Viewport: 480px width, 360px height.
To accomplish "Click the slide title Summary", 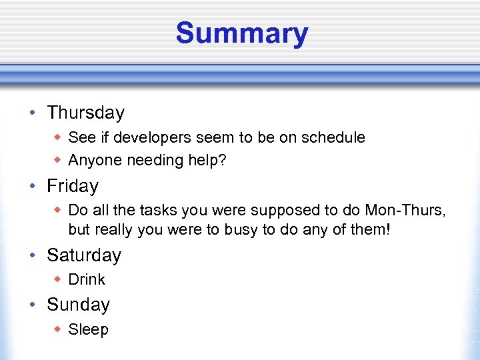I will pos(242,33).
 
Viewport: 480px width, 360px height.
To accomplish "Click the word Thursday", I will pos(85,113).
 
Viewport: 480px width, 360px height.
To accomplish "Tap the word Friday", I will pos(72,186).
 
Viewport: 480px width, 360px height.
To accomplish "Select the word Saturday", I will pos(83,255).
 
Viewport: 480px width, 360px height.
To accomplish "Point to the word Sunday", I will pos(78,305).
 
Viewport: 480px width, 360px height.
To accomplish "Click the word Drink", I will pos(87,280).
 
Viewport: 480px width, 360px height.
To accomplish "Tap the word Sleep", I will pos(88,329).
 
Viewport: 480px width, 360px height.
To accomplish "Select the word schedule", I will pos(333,137).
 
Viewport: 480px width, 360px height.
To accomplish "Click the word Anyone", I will pos(93,161).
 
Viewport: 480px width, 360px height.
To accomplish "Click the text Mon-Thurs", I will pos(405,211).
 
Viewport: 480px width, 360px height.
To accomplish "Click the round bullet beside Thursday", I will pos(33,113).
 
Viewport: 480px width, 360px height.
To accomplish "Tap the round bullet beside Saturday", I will pos(33,256).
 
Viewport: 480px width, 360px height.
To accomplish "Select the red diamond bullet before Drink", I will pos(58,279).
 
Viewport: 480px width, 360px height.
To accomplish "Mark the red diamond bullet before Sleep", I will pos(58,329).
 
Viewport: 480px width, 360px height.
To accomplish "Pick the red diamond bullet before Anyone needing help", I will pos(58,160).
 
